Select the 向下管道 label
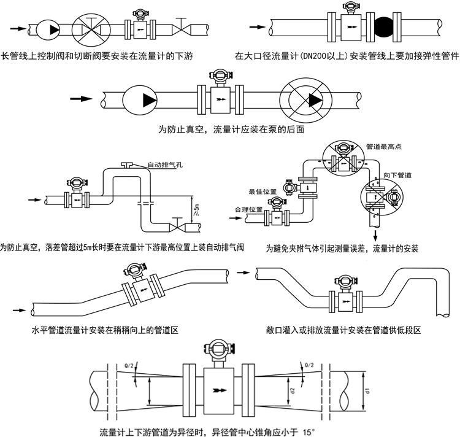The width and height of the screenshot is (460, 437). click(x=397, y=175)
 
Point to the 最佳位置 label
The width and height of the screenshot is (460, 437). click(x=259, y=190)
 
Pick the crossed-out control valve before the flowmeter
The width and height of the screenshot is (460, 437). click(x=90, y=28)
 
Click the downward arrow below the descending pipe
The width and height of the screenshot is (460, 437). click(x=374, y=236)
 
